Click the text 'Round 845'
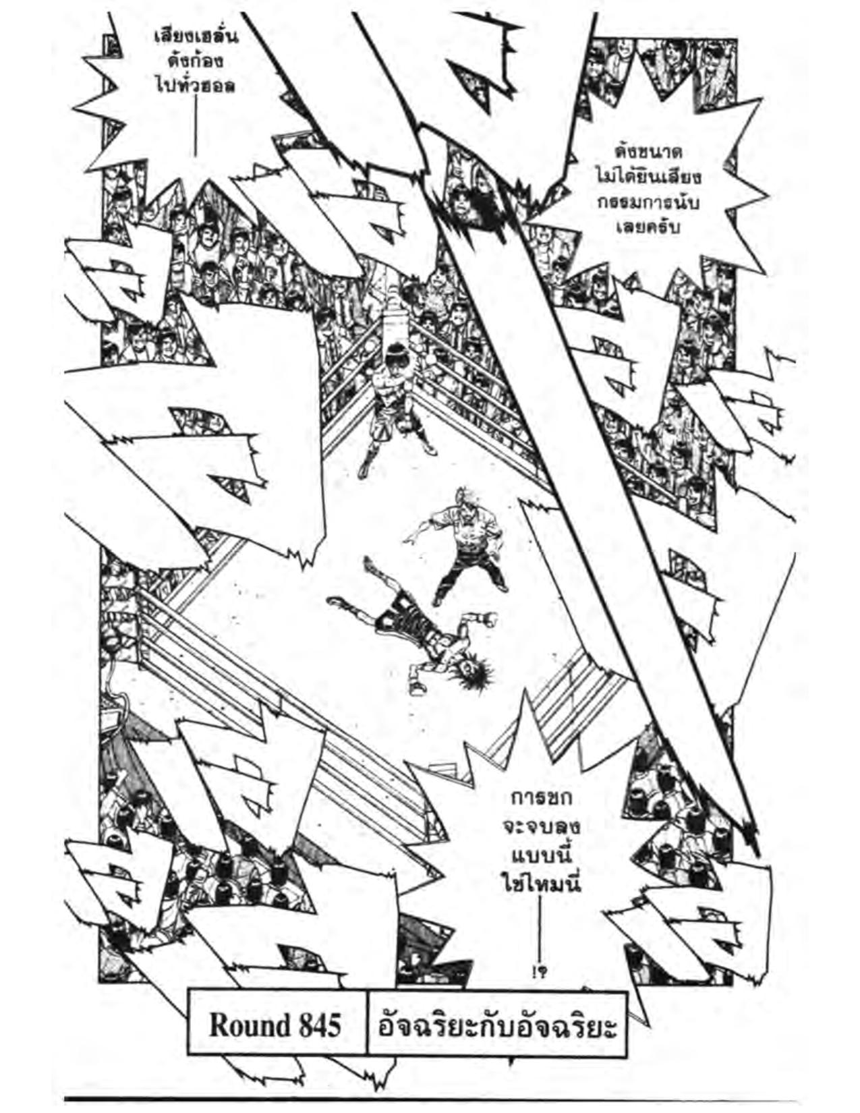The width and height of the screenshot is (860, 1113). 275,1026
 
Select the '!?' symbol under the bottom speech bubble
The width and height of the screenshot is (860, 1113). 540,972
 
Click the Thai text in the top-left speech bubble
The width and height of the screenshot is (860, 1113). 196,61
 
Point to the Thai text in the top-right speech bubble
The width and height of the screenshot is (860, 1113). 648,188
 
